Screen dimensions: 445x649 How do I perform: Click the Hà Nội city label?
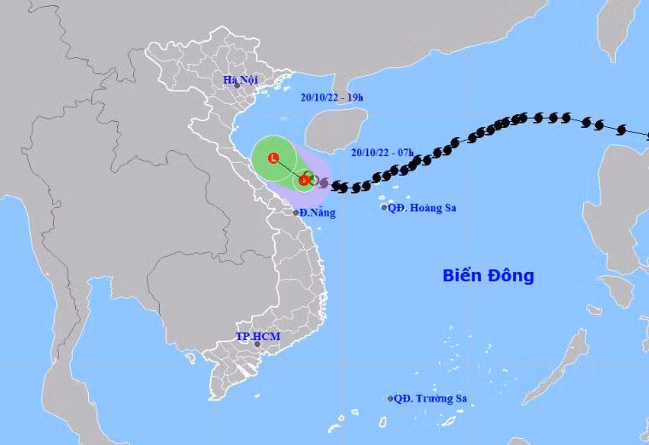tap(239, 80)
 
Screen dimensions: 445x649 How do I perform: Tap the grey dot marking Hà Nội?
tap(238, 87)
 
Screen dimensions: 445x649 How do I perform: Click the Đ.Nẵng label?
tap(316, 212)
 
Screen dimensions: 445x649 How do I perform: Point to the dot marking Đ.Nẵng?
tap(296, 212)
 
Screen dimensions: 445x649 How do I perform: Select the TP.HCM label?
tap(257, 336)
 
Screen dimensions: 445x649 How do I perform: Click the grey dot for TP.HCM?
tap(258, 344)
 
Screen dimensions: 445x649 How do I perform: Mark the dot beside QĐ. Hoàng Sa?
tap(383, 207)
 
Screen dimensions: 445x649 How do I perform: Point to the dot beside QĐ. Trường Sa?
tap(390, 398)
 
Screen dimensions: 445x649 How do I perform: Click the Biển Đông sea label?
tap(488, 275)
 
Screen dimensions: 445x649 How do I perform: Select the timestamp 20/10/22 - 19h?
tap(332, 97)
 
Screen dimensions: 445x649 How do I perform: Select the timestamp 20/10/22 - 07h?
tap(382, 153)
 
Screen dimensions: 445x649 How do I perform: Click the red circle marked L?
tap(273, 158)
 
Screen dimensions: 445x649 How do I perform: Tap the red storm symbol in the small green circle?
tap(305, 180)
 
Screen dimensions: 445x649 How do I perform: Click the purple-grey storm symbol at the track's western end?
tap(324, 182)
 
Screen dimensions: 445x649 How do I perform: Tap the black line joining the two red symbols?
tap(289, 169)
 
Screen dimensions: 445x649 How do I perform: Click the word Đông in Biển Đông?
tap(512, 275)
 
